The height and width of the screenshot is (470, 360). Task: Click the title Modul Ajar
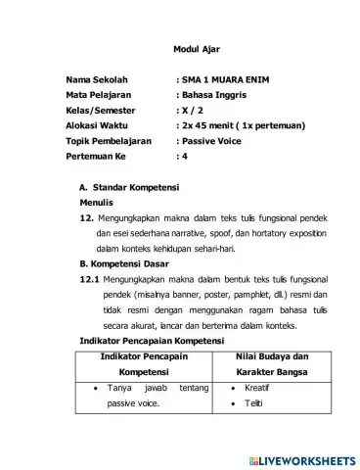(x=179, y=49)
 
